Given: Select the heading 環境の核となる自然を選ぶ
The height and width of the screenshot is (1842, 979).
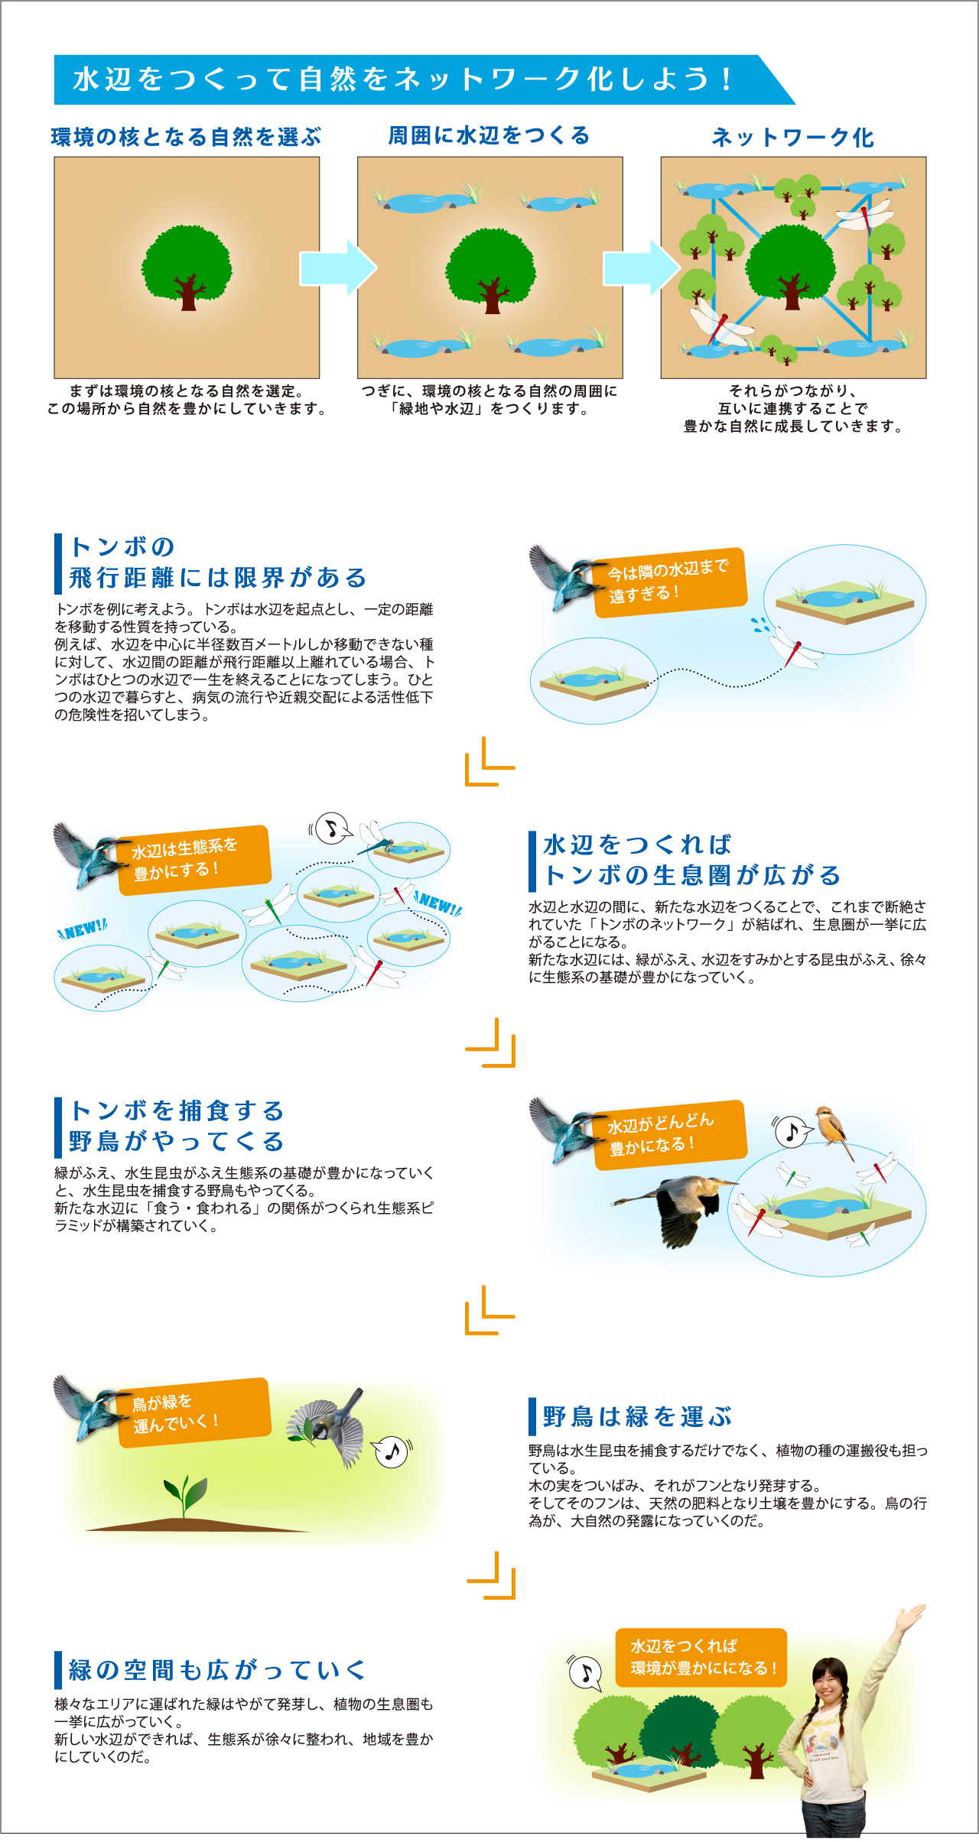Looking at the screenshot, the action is click(187, 137).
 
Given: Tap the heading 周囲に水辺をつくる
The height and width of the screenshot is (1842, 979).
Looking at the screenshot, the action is click(489, 135).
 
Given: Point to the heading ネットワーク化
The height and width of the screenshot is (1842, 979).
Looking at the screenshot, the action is click(793, 137).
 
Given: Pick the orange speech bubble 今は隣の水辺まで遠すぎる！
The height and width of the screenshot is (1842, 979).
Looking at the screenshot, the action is click(669, 582).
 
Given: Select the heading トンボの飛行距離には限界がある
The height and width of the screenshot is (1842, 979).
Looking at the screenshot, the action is click(218, 563).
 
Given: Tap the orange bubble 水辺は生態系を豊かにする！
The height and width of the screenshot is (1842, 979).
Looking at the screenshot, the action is click(194, 860).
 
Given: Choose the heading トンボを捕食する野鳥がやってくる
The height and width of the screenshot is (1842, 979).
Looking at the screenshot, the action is click(177, 1126).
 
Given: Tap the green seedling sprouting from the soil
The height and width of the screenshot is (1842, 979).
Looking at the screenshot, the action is click(184, 1497).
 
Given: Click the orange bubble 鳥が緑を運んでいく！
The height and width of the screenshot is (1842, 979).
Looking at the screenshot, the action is click(194, 1412).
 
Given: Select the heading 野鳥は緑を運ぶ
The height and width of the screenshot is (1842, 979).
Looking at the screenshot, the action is click(637, 1416).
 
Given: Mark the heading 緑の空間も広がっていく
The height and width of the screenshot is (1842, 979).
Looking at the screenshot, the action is click(218, 1670).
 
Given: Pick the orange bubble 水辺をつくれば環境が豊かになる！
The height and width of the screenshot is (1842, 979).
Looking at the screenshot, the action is click(701, 1658).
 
